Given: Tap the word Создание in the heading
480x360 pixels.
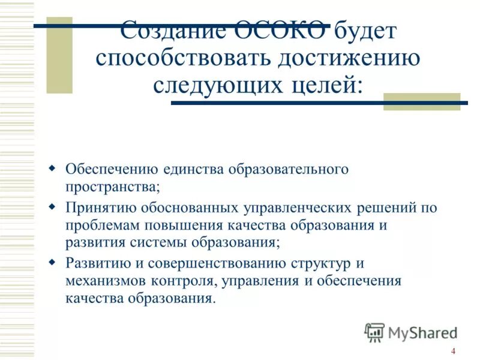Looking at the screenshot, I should pos(173,31).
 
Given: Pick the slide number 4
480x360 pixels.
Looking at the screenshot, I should pos(453,351).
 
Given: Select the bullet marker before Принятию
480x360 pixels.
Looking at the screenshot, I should pos(52,207).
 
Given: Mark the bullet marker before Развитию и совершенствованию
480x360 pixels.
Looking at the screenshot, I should pos(52,262).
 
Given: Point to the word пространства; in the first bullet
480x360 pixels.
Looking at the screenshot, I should pos(113,186).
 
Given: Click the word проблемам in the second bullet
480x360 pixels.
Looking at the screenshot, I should pos(101,226).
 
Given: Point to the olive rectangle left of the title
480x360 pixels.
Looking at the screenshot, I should pos(59,55).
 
